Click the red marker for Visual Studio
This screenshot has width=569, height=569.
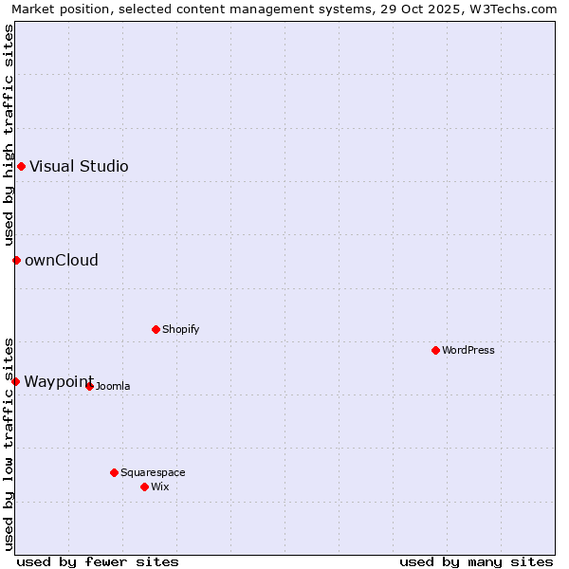(x=21, y=167)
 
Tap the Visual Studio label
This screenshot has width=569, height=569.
(x=79, y=167)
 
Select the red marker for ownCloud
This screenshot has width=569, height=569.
(x=16, y=260)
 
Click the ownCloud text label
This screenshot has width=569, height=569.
(x=61, y=261)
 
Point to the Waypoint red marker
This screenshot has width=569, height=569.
(x=15, y=381)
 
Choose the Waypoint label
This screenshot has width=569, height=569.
(x=59, y=382)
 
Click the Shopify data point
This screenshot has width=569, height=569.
(x=156, y=329)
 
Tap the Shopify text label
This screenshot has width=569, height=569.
(x=180, y=330)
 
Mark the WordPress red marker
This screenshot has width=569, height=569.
(x=435, y=350)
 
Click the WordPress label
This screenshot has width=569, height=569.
(x=468, y=351)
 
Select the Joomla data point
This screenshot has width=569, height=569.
(x=89, y=386)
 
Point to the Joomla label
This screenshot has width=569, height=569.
(x=113, y=387)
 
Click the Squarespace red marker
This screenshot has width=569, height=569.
(x=114, y=472)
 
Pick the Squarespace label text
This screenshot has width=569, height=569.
(x=153, y=473)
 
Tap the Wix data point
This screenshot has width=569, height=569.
(x=144, y=486)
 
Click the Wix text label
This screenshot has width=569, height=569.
(x=159, y=487)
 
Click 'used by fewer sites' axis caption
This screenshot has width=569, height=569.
(x=98, y=561)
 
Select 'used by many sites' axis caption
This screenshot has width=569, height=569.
(x=476, y=561)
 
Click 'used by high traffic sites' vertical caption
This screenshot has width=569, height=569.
(x=9, y=135)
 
